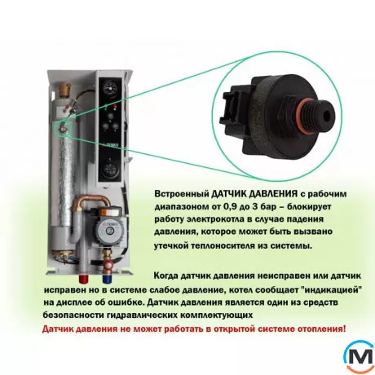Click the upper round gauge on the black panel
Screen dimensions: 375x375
[x=109, y=88]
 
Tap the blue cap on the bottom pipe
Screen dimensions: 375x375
[x=107, y=279]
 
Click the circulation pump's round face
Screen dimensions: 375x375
[x=110, y=227]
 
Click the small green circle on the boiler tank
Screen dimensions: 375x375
[x=63, y=128]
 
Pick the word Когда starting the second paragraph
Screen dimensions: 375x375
[x=166, y=276]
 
